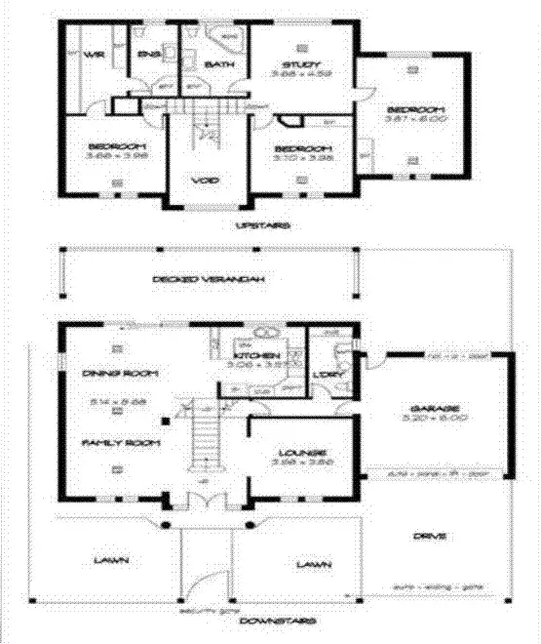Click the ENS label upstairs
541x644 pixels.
pyautogui.click(x=149, y=55)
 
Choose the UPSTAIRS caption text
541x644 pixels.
pyautogui.click(x=263, y=225)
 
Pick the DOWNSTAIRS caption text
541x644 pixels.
pyautogui.click(x=268, y=621)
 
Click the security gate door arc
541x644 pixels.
pyautogui.click(x=200, y=585)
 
